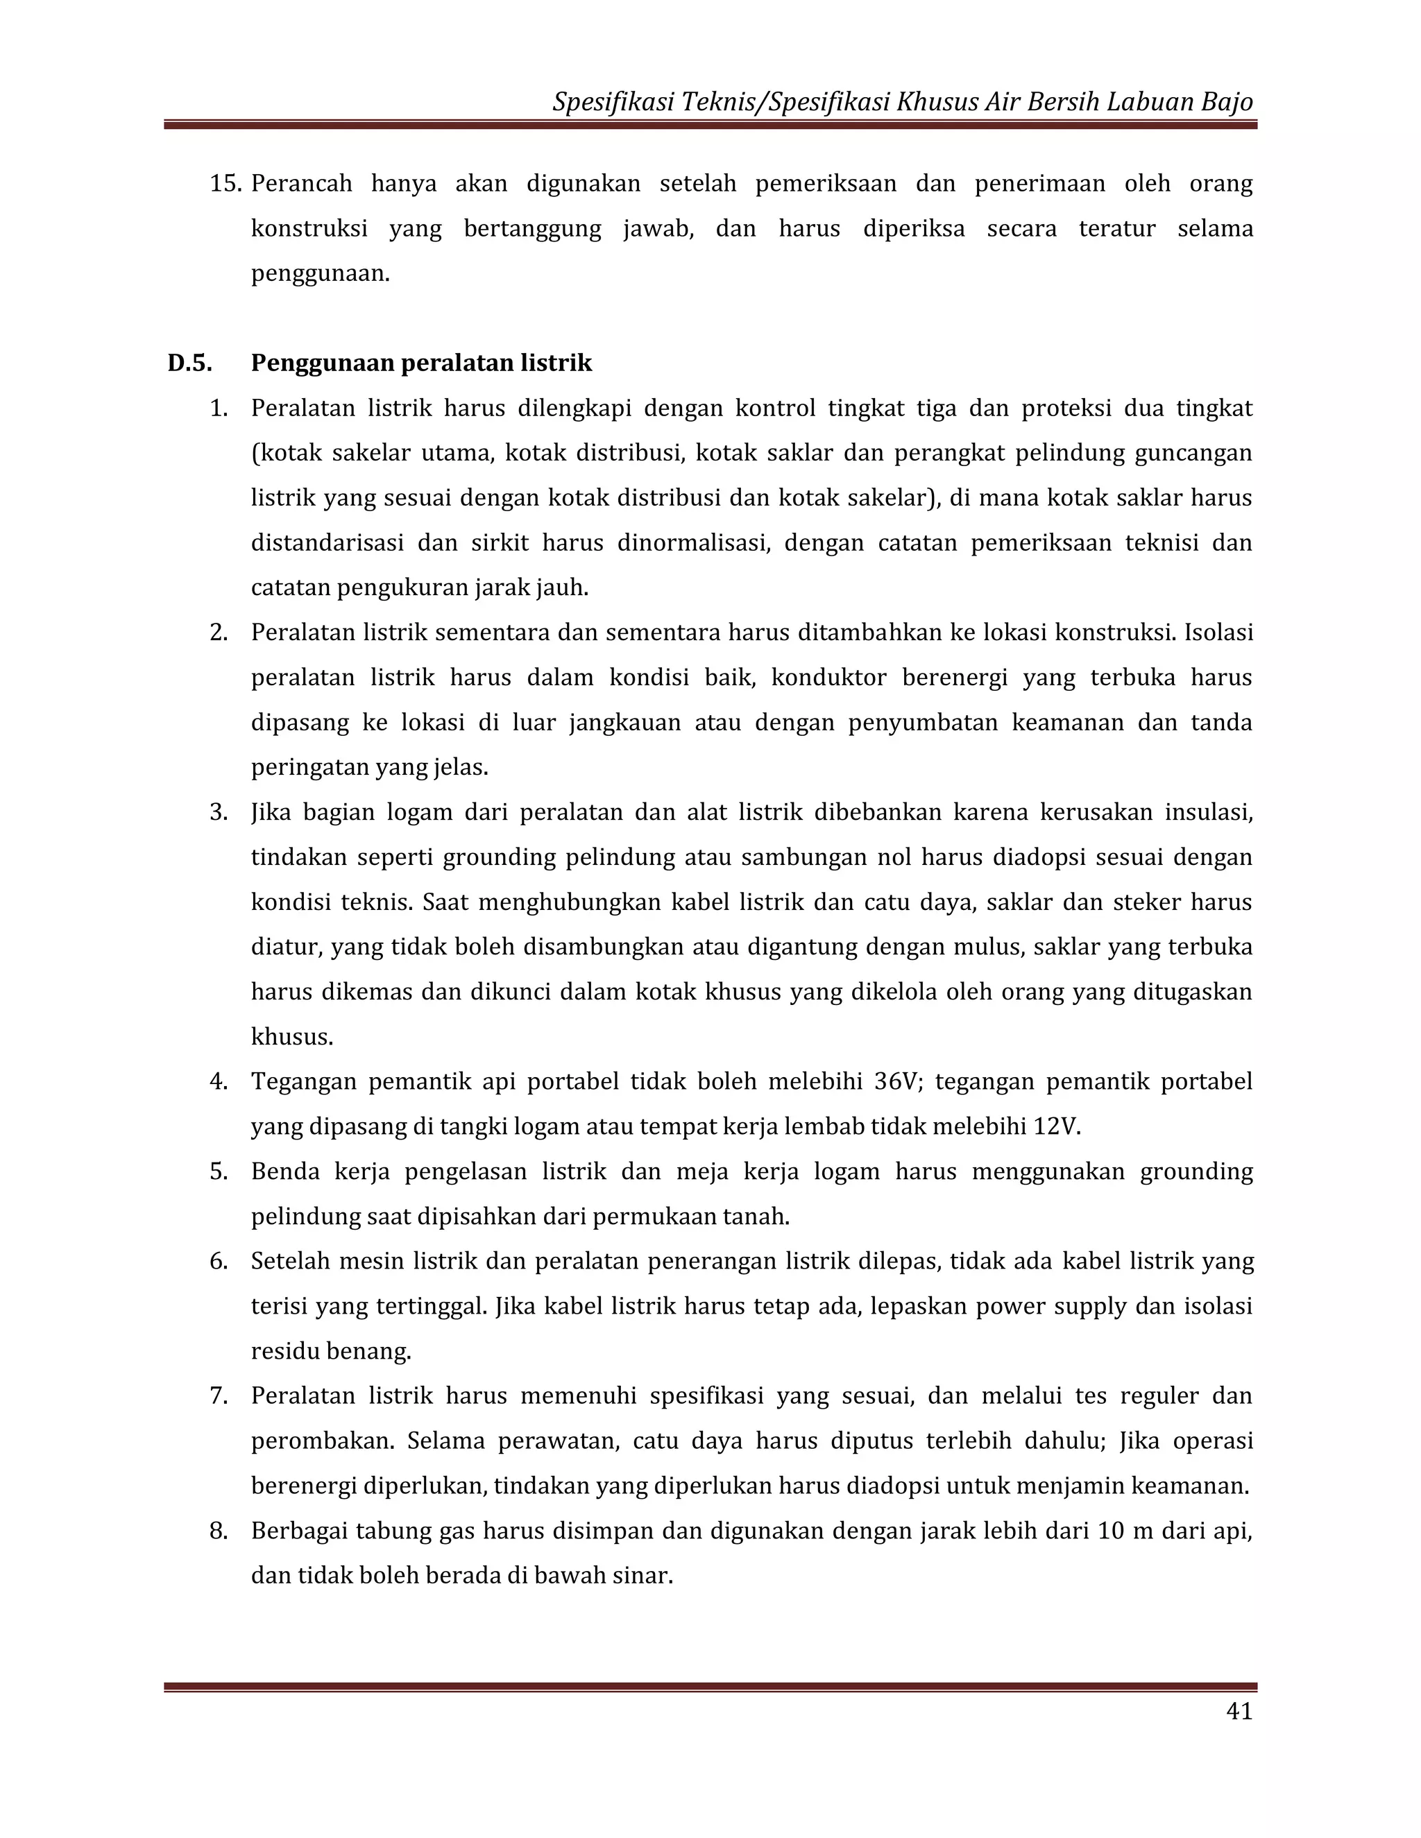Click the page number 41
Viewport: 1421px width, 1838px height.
(1239, 1735)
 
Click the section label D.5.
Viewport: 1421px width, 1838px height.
(189, 363)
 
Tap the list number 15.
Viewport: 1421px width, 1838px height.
(225, 184)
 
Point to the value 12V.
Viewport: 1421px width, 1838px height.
(1055, 1126)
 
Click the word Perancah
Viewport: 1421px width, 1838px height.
(301, 184)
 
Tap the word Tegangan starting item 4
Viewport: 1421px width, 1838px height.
(300, 1081)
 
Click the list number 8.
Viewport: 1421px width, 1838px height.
(219, 1530)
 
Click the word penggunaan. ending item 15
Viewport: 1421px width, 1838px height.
(320, 273)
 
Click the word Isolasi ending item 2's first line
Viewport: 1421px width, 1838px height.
(1218, 632)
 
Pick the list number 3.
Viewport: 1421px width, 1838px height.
(219, 812)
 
